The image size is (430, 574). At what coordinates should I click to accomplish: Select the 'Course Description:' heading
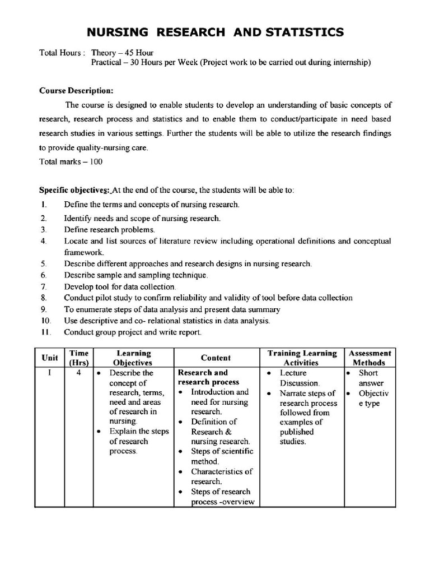(76, 90)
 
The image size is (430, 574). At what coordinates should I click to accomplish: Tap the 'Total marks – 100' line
(71, 161)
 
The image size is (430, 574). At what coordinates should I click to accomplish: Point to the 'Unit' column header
(50, 358)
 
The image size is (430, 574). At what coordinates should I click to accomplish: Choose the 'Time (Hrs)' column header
(79, 358)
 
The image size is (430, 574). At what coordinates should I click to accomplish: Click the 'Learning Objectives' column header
(133, 358)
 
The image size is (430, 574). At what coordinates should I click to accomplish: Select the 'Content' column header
(216, 358)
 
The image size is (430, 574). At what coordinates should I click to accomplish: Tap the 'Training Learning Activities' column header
(302, 358)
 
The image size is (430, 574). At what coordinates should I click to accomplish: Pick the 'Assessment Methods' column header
(370, 358)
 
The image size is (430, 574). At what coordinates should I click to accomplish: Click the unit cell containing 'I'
(50, 373)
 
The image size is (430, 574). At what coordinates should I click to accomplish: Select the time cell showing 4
(79, 373)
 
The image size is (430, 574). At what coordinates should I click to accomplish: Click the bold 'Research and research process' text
(208, 377)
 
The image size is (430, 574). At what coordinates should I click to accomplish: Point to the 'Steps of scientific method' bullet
(222, 456)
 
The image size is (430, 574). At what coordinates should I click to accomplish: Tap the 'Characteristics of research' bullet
(221, 476)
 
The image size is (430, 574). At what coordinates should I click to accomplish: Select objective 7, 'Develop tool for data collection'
(120, 286)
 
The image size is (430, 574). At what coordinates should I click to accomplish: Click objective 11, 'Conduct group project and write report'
(133, 332)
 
